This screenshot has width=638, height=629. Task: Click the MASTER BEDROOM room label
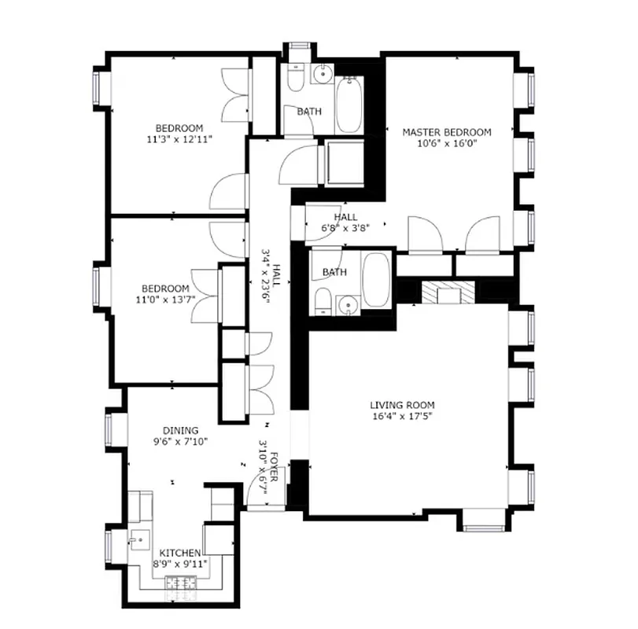pos(446,132)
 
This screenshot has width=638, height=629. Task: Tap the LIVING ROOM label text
pos(402,405)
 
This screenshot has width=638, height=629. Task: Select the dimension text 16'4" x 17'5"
pos(402,416)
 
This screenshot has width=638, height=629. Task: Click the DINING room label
pos(180,430)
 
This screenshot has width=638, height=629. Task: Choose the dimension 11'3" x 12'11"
pos(179,139)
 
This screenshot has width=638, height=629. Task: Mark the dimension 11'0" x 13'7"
pos(165,300)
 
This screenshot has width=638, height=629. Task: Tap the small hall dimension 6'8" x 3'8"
pos(345,228)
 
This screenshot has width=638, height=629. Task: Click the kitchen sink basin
pos(138,541)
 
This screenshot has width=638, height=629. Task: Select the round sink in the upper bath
pos(322,75)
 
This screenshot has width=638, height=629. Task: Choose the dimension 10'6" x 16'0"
pos(446,143)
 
